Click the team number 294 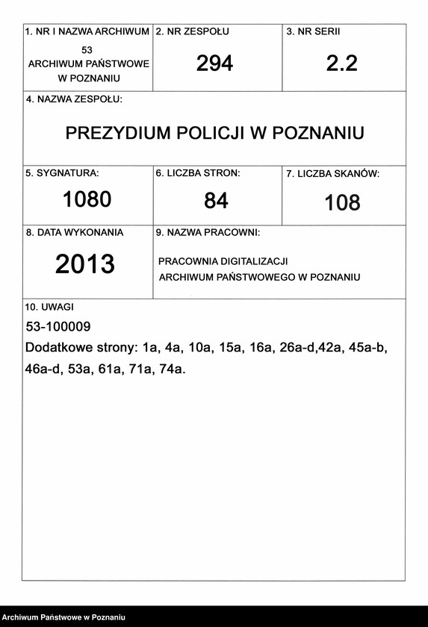(x=214, y=64)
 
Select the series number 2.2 (x=341, y=63)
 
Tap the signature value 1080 (x=87, y=199)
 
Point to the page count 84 (x=216, y=200)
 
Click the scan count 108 (x=342, y=202)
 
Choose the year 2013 (x=85, y=263)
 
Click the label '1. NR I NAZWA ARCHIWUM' (x=87, y=32)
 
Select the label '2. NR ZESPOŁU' (x=192, y=32)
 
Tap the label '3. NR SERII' (x=314, y=32)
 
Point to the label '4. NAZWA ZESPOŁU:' (x=74, y=99)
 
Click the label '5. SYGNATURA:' (x=62, y=172)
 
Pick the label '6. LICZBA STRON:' (x=198, y=172)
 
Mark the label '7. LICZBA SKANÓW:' (x=333, y=174)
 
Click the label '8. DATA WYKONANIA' (x=75, y=232)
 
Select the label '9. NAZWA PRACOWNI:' (x=207, y=232)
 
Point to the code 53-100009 (x=58, y=327)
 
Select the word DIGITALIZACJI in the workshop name (x=252, y=261)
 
